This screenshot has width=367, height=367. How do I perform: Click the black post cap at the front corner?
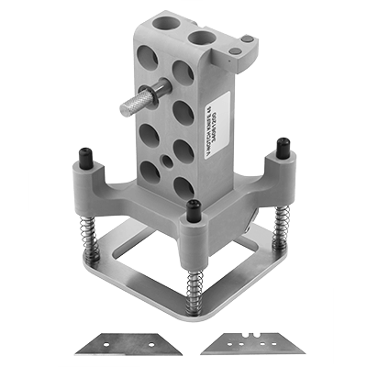tap(194, 210)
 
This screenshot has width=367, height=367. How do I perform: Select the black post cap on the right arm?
tap(284, 146)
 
